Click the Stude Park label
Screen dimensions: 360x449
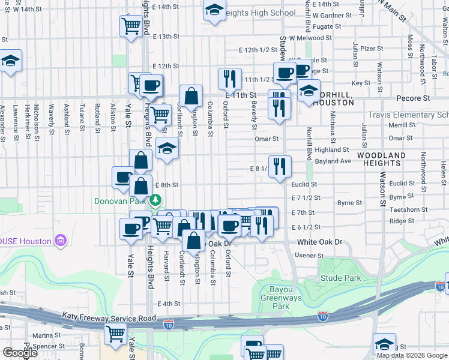(x=341, y=278)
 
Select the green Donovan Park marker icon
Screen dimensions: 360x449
(x=155, y=200)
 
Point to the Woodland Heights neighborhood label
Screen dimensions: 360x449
(x=382, y=159)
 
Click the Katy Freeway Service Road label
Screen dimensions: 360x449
(x=109, y=318)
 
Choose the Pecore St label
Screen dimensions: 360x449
(x=417, y=97)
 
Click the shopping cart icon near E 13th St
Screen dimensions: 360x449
(x=131, y=26)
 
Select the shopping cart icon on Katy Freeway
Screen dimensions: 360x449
(x=115, y=334)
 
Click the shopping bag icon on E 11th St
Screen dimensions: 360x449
(x=191, y=95)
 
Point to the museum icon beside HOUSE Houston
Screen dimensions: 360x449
(x=60, y=242)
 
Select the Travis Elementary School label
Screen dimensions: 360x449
(x=408, y=115)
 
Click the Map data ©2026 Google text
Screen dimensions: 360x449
(x=412, y=355)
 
